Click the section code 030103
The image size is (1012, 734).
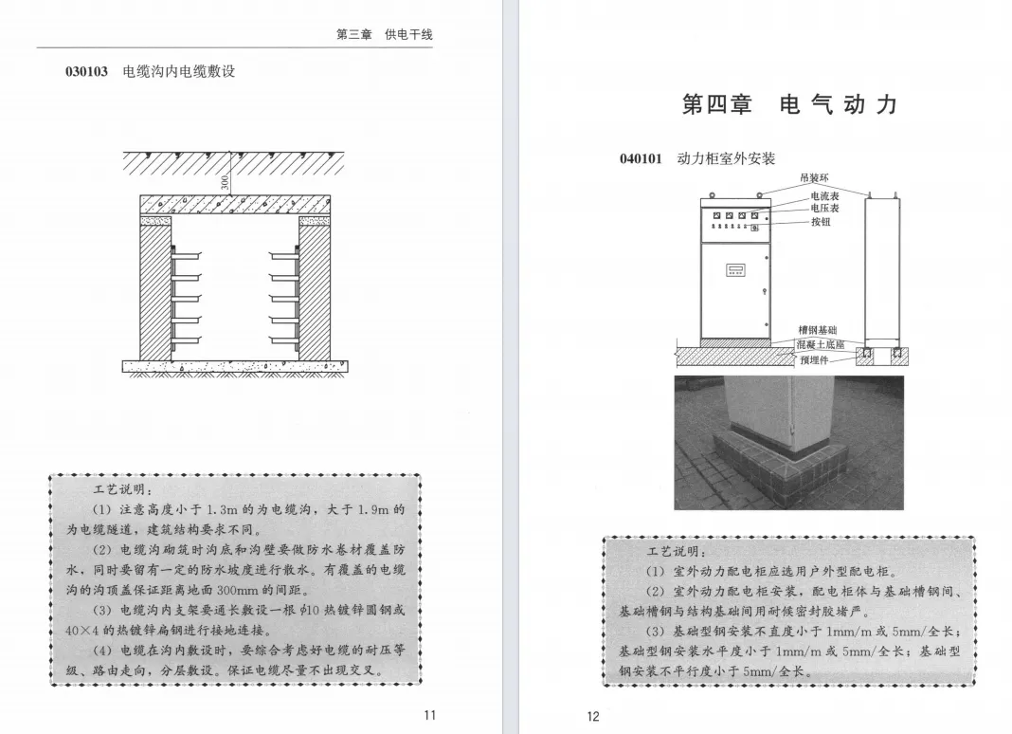pos(87,71)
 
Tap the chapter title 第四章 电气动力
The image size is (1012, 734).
pos(788,104)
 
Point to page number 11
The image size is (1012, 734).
pos(429,716)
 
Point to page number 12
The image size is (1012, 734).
pos(593,716)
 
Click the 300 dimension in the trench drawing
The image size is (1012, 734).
pos(225,181)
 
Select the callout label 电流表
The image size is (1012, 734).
pos(823,196)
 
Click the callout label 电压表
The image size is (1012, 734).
pos(823,208)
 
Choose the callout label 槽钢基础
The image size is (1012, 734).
pos(818,329)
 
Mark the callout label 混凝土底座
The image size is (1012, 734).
pos(820,344)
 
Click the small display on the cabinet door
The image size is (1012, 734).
pos(736,270)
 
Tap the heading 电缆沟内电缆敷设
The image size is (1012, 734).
pos(179,71)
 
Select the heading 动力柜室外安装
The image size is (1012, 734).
pos(726,158)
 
